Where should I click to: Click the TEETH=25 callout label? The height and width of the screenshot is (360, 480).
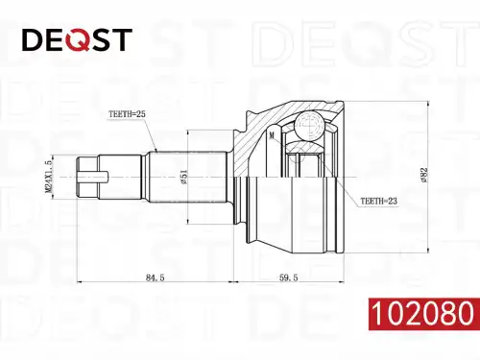(127, 114)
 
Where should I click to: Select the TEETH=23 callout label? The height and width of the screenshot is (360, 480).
(379, 201)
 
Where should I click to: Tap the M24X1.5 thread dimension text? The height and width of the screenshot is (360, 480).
(48, 177)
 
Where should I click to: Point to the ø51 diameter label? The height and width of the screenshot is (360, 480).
(184, 177)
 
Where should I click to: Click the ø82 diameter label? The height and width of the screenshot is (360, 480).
(424, 176)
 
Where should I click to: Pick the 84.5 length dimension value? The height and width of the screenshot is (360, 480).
(156, 277)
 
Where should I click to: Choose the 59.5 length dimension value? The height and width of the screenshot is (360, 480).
(288, 277)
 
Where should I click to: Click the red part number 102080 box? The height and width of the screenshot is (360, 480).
(424, 314)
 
